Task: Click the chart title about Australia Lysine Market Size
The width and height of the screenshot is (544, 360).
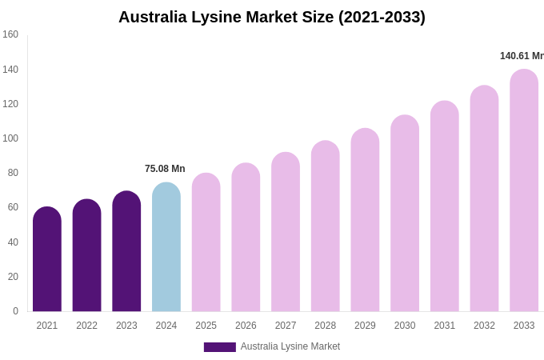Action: (272, 17)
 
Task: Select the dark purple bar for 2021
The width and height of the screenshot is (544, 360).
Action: (47, 260)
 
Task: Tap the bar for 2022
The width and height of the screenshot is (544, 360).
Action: (87, 256)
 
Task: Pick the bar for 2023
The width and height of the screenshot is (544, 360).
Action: (126, 252)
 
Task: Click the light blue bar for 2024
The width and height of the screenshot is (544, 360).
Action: (166, 248)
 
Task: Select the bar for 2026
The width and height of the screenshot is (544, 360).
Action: (246, 238)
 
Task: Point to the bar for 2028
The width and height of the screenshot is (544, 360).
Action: (326, 227)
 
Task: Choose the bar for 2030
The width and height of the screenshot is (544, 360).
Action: (405, 214)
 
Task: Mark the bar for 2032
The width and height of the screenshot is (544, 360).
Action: (484, 200)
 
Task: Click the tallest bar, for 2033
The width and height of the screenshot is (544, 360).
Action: (524, 192)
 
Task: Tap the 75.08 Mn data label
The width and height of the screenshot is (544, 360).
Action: (165, 169)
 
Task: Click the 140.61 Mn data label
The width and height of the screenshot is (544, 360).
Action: (522, 56)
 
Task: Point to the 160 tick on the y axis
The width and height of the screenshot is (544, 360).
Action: (10, 34)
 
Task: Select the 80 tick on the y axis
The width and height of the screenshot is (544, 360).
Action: (13, 173)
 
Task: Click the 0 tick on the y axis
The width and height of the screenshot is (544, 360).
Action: (15, 311)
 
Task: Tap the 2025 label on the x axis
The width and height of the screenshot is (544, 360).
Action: (206, 326)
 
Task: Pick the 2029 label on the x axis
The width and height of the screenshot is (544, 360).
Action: (365, 326)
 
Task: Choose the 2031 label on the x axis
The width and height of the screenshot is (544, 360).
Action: (445, 326)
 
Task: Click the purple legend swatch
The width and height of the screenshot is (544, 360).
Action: (220, 347)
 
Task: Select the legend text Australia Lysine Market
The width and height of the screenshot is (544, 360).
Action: (290, 346)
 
